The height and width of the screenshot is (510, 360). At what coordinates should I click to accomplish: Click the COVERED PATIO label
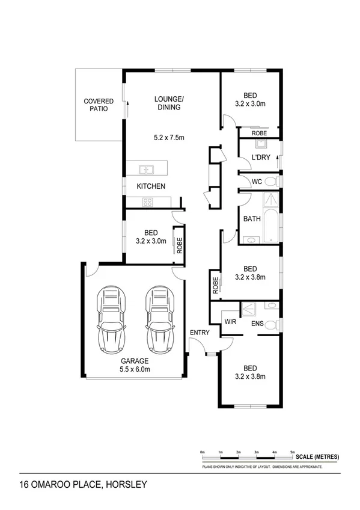99,105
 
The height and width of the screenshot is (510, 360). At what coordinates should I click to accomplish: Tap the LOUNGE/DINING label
168,103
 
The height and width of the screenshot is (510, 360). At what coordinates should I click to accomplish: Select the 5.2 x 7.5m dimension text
168,138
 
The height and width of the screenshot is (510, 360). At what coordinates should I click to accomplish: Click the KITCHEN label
151,186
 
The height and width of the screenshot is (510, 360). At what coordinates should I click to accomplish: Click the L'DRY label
260,158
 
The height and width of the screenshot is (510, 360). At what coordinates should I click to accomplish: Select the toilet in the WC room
270,181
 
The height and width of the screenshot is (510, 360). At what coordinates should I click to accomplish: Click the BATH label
252,219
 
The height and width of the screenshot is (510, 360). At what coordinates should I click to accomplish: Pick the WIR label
230,322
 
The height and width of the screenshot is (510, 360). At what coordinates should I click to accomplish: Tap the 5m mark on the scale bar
293,452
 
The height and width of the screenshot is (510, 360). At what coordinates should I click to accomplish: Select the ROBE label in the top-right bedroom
259,133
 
